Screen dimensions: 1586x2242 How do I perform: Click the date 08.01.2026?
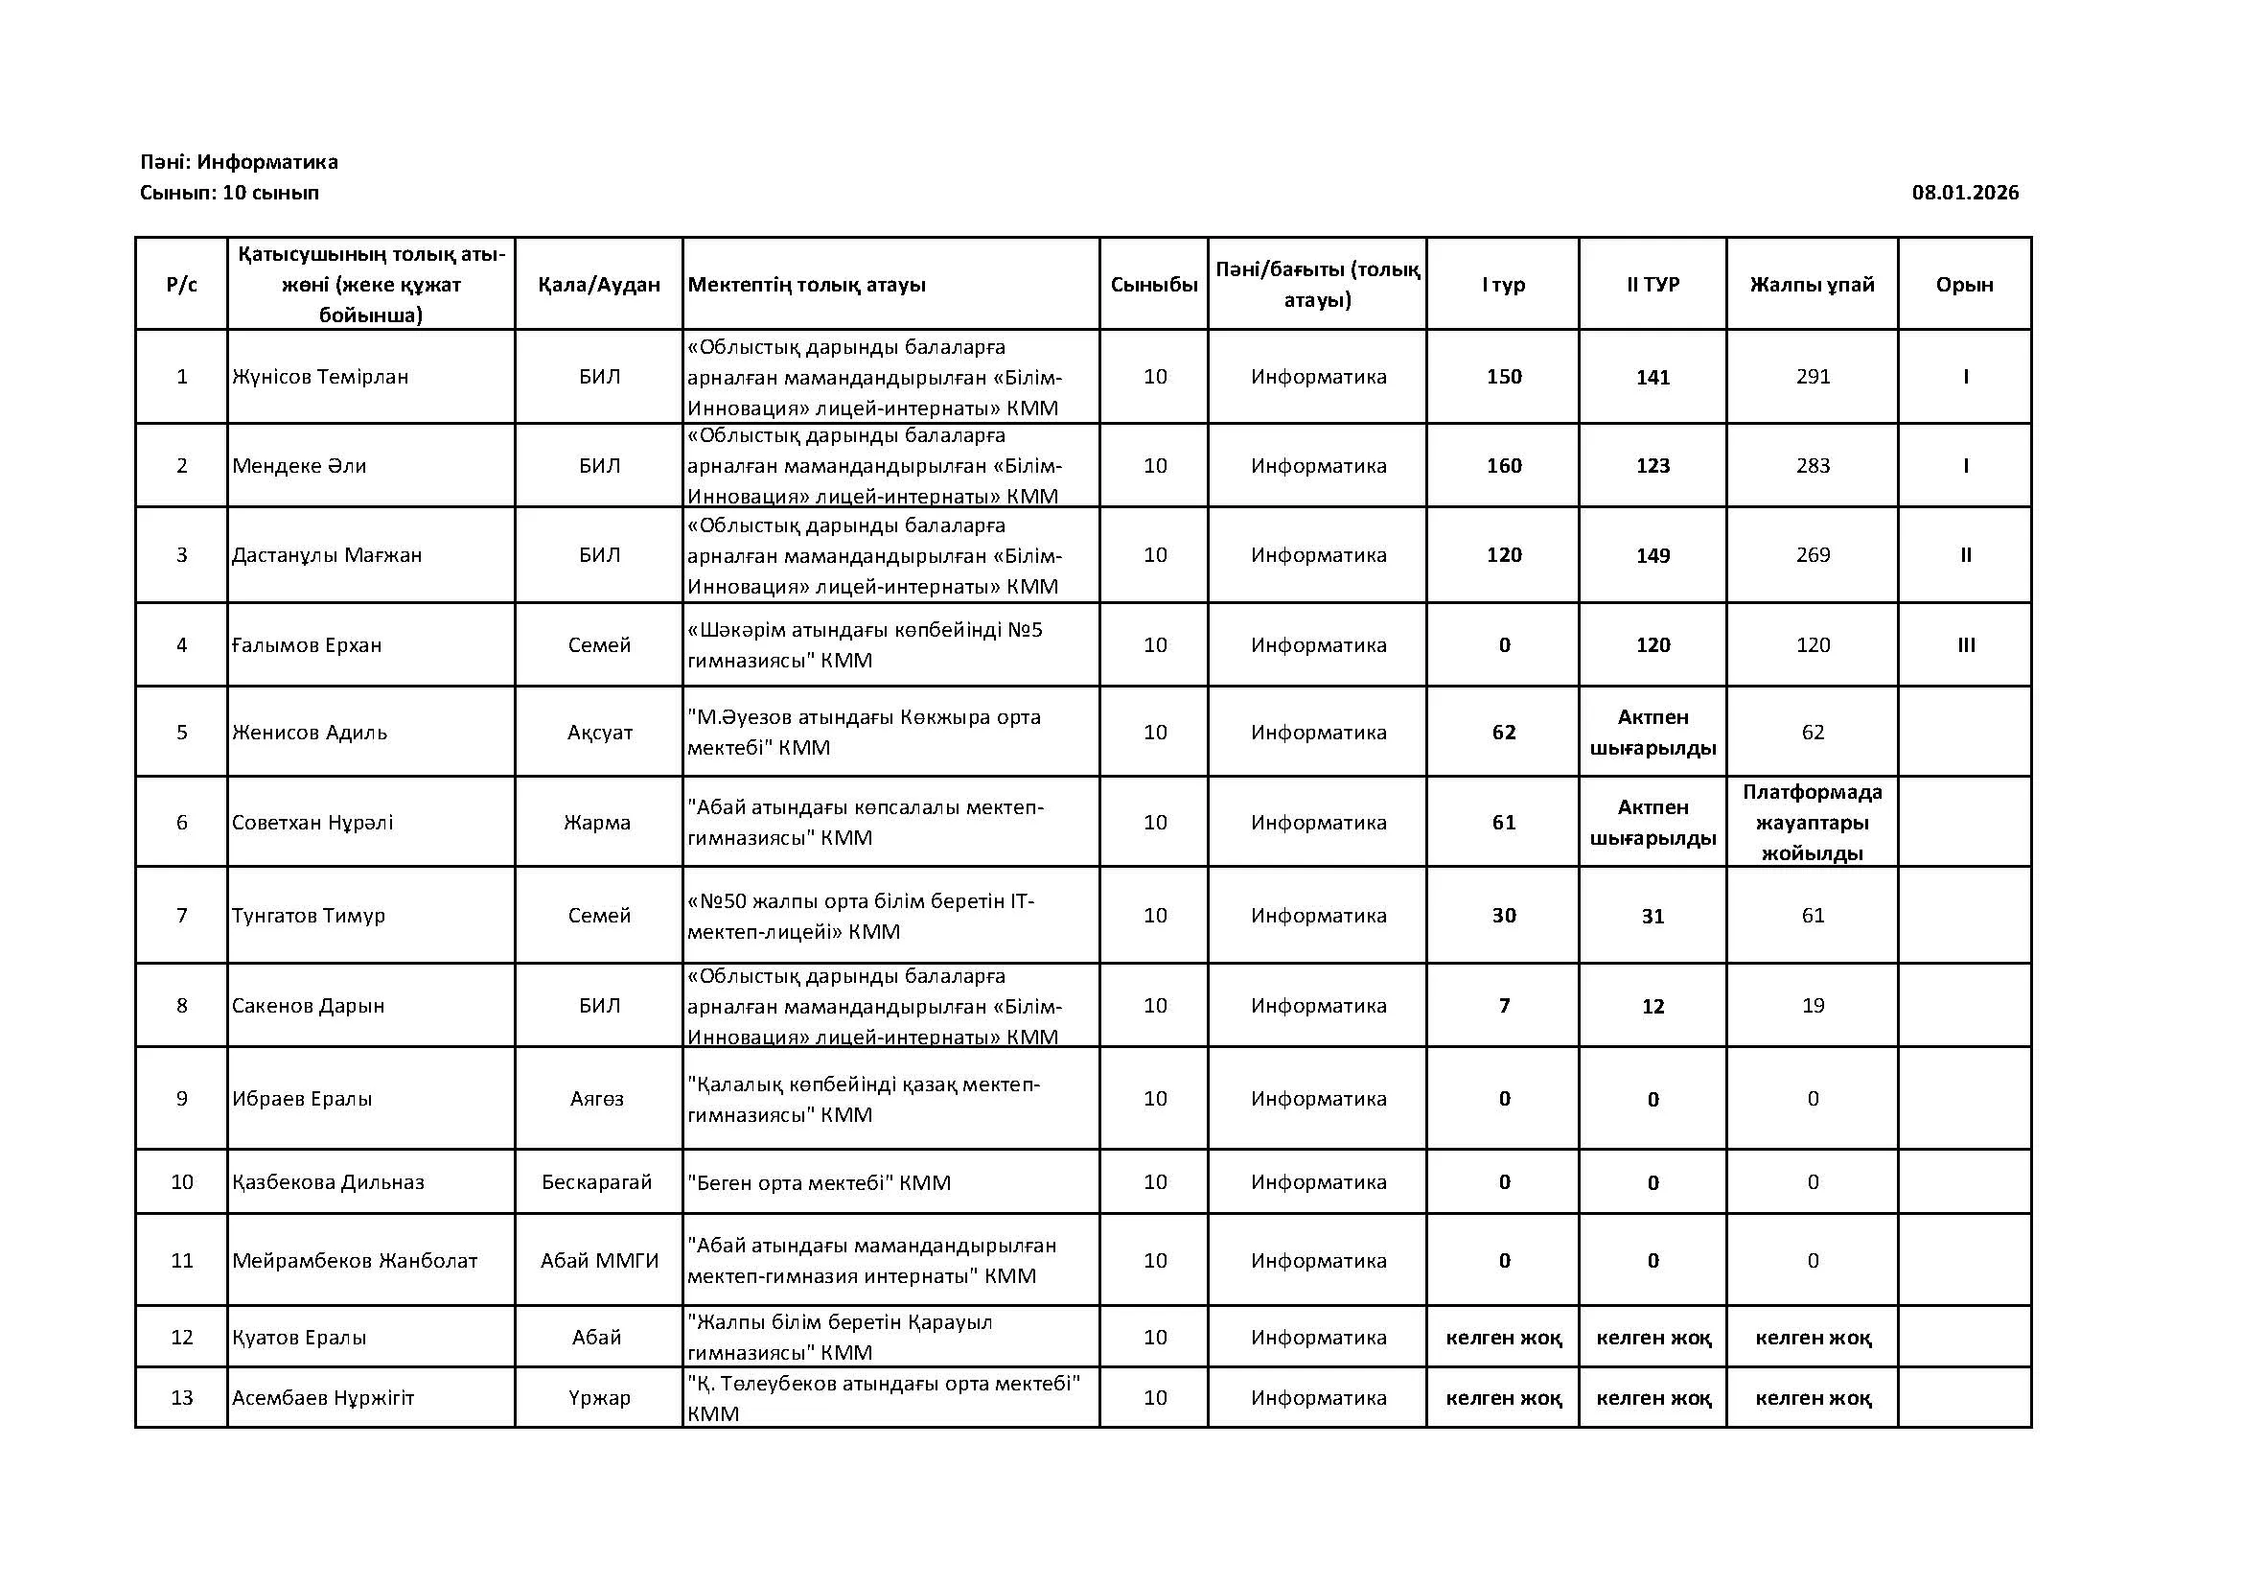coord(1965,193)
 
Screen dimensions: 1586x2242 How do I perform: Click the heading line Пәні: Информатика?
coord(240,162)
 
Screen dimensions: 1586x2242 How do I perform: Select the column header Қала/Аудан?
coord(598,284)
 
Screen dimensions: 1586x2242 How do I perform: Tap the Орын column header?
coord(1965,284)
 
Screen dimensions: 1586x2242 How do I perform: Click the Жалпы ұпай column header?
coord(1813,284)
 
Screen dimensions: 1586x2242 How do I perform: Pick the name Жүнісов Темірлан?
coord(320,377)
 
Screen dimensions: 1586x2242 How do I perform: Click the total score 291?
coord(1813,377)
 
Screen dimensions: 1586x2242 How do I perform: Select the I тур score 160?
coord(1504,466)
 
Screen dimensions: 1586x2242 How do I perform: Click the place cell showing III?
coord(1966,645)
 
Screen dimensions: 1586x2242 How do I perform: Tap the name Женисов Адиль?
coord(310,733)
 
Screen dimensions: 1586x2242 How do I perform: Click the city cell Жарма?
coord(596,823)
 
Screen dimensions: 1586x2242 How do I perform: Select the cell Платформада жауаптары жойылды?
coord(1813,823)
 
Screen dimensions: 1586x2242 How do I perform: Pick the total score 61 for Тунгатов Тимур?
coord(1813,916)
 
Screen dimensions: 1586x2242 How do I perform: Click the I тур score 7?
coord(1504,1006)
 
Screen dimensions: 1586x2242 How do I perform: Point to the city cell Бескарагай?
coord(596,1182)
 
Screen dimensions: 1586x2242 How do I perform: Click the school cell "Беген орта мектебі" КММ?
coord(819,1183)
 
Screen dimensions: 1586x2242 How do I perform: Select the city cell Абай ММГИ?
coord(599,1261)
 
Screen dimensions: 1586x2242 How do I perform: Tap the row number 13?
coord(181,1397)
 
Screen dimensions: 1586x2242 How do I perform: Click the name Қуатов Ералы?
coord(299,1338)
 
